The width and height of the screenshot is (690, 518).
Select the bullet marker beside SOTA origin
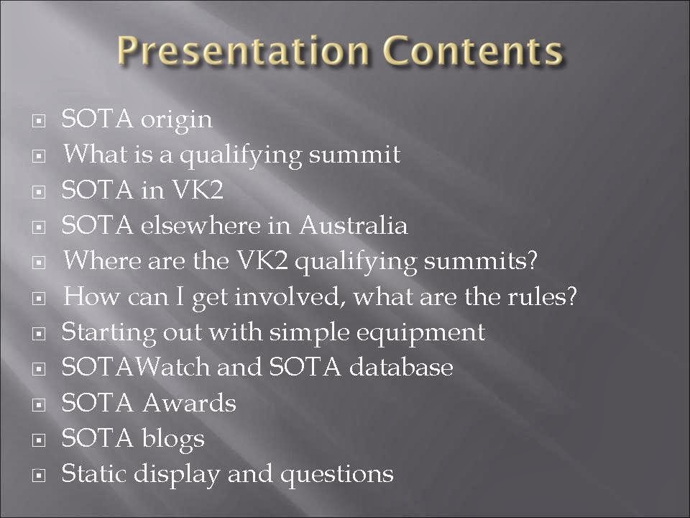tap(39, 120)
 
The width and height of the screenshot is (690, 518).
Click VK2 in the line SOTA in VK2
tap(197, 190)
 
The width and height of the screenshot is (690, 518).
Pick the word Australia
tap(354, 225)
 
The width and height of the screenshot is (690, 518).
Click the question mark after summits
tap(532, 260)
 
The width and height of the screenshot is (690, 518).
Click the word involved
tap(287, 296)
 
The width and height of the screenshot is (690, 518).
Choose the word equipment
tap(420, 333)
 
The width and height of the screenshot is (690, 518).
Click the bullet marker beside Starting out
tap(39, 333)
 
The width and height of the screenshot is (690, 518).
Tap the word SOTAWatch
tap(136, 367)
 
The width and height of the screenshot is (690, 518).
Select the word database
tap(401, 367)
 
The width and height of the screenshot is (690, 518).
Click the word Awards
tap(189, 403)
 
